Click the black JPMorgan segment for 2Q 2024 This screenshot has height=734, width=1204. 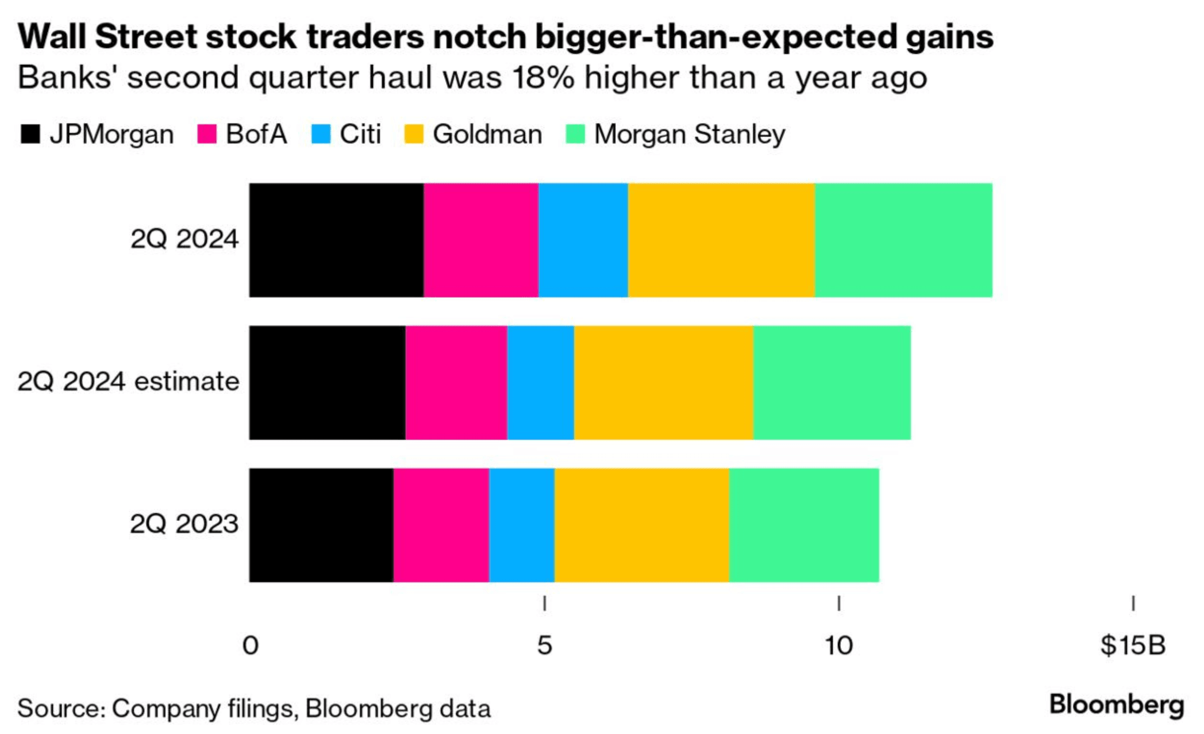coord(336,240)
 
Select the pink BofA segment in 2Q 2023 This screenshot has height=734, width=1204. coord(441,525)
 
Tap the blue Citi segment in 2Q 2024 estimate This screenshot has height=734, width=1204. coord(541,383)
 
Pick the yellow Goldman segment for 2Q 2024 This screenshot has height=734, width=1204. coord(721,240)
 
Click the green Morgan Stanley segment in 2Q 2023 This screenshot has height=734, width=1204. coord(804,525)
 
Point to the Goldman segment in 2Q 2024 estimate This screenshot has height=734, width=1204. coord(664,383)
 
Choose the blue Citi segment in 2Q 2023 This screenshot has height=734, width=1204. coord(522,525)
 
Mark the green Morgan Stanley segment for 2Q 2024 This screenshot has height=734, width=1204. coord(903,240)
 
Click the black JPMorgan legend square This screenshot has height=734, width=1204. coord(30,134)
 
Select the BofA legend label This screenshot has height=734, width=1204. coord(256,134)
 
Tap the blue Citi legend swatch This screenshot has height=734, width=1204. coord(321,134)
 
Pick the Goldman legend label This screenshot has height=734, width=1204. coord(487,134)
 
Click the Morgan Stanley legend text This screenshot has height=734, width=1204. coord(690,134)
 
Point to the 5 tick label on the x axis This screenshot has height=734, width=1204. coord(544,645)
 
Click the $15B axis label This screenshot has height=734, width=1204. coord(1133,645)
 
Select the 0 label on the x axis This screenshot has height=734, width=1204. coord(250,645)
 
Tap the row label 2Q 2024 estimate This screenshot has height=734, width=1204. coord(129,382)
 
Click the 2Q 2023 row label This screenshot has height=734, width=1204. coord(184,524)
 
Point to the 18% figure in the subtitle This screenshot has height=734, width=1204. coord(543,78)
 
